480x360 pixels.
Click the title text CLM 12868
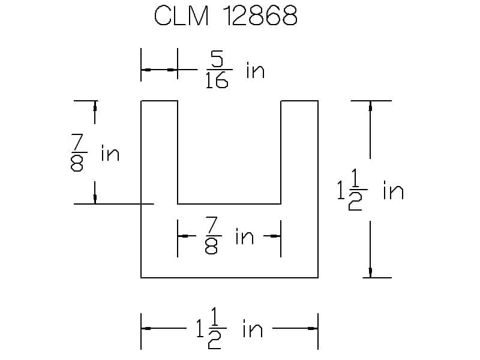[x=226, y=16]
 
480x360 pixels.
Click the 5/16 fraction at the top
[x=218, y=70]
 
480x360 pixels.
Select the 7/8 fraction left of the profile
[x=78, y=152]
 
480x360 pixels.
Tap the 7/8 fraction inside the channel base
[x=212, y=235]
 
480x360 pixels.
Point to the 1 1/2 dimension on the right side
[x=352, y=190]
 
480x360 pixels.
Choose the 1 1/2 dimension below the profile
[x=211, y=328]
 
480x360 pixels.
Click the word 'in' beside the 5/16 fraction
[x=256, y=70]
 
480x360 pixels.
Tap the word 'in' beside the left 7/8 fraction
[x=110, y=153]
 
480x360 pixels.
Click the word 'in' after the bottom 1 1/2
[x=253, y=328]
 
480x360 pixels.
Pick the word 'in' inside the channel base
[x=245, y=236]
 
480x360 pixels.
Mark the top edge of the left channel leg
[x=159, y=101]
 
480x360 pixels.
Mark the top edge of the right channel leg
[x=299, y=101]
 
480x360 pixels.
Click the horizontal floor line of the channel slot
[x=229, y=203]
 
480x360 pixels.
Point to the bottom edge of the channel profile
[x=229, y=278]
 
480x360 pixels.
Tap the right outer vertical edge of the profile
[x=318, y=189]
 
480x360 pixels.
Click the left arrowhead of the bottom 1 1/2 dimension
[x=146, y=328]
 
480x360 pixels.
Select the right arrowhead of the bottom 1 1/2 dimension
[x=313, y=328]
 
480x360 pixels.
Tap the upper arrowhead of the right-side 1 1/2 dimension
[x=370, y=106]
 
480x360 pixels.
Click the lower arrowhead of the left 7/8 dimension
[x=95, y=199]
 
